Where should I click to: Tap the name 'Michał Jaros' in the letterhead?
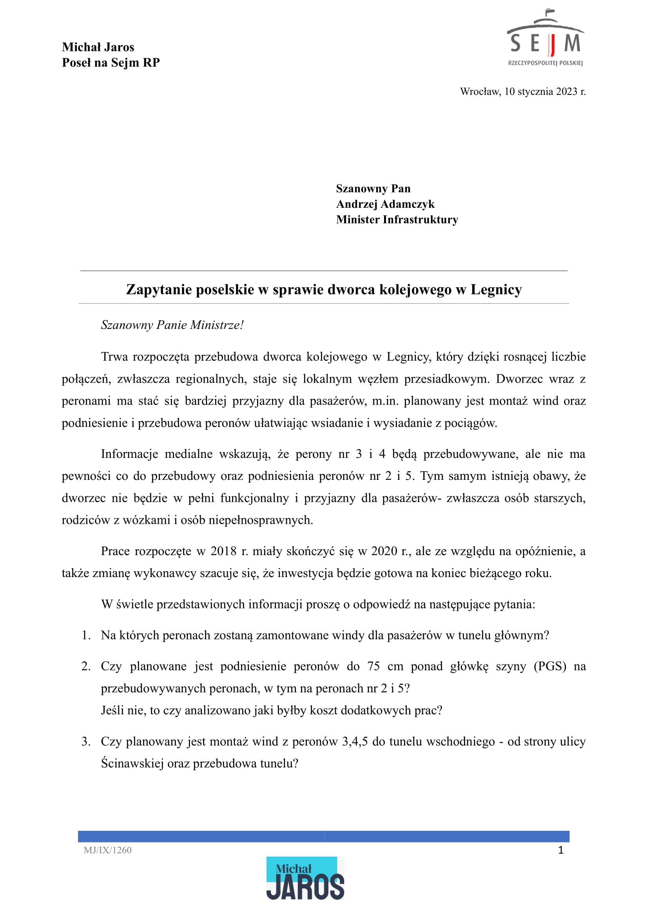tap(98, 47)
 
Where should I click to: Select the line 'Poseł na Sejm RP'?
tap(111, 63)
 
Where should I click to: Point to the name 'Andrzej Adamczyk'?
tap(385, 204)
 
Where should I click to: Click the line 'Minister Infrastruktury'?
tap(397, 220)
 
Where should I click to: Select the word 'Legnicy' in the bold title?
tap(496, 289)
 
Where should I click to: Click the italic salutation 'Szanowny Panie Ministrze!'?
tap(172, 325)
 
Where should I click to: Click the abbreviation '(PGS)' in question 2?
tap(550, 666)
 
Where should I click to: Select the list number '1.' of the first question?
tap(86, 635)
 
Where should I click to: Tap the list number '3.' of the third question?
tap(86, 741)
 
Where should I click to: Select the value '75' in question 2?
tap(373, 666)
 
